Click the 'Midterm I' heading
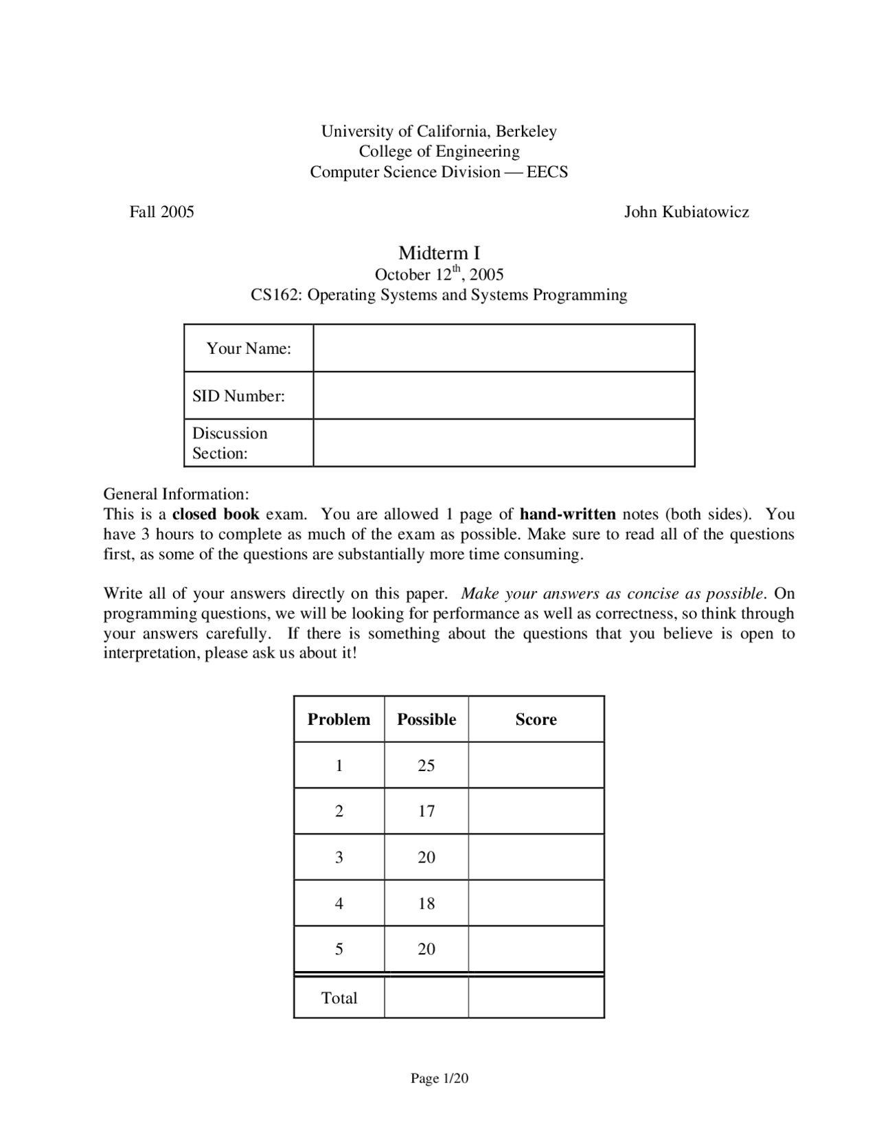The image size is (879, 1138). click(x=439, y=253)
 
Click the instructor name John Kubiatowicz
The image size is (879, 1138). click(x=686, y=212)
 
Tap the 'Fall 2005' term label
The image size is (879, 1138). click(x=162, y=212)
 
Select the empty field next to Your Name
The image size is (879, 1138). click(x=503, y=348)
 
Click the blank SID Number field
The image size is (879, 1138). click(x=503, y=396)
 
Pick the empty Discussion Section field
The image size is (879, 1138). click(x=503, y=443)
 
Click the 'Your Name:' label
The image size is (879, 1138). click(x=249, y=348)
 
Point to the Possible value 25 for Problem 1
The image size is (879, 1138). click(x=426, y=766)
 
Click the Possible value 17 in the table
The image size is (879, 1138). click(x=426, y=812)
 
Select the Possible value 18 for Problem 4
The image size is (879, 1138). click(x=426, y=904)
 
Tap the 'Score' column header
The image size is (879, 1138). click(x=536, y=719)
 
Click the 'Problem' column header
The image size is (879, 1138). click(x=339, y=719)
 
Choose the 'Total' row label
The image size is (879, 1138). click(x=339, y=998)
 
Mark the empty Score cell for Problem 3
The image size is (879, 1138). click(x=536, y=858)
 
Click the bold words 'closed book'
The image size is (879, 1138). click(x=215, y=514)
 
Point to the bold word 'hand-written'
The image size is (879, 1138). click(x=567, y=514)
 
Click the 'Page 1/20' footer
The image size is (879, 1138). click(x=439, y=1079)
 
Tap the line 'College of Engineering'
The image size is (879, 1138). click(x=439, y=151)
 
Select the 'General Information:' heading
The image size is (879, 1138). click(x=176, y=494)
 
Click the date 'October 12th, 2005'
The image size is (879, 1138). click(x=439, y=275)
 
